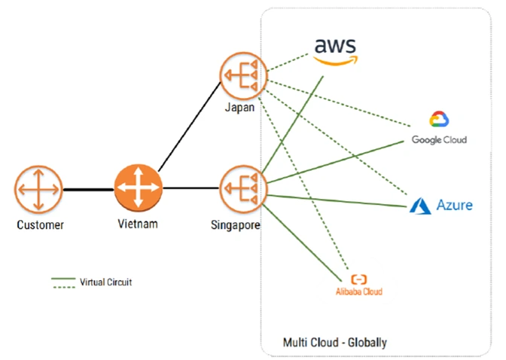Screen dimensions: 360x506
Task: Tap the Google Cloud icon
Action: [439, 121]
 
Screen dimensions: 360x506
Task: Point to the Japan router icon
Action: [241, 75]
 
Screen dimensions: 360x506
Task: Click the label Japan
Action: [241, 108]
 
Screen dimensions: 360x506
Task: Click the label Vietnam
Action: [138, 224]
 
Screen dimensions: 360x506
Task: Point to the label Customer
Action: [40, 224]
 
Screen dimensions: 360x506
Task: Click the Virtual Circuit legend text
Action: [106, 282]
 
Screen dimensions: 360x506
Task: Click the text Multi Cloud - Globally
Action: [334, 343]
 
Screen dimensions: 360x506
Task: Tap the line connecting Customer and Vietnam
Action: [88, 188]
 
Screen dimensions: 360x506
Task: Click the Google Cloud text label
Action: [439, 140]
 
